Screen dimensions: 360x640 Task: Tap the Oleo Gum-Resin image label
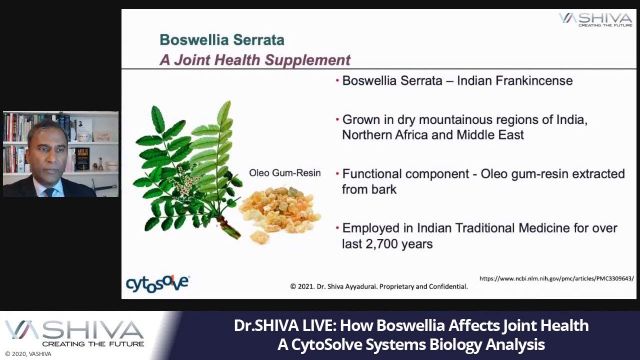285,173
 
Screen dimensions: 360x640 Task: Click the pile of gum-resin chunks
279,214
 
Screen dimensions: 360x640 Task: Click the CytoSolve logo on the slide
157,284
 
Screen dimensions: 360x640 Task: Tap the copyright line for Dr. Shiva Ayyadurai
379,286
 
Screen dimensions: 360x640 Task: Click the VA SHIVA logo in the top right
594,21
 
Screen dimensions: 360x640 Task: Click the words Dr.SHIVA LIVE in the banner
282,326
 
